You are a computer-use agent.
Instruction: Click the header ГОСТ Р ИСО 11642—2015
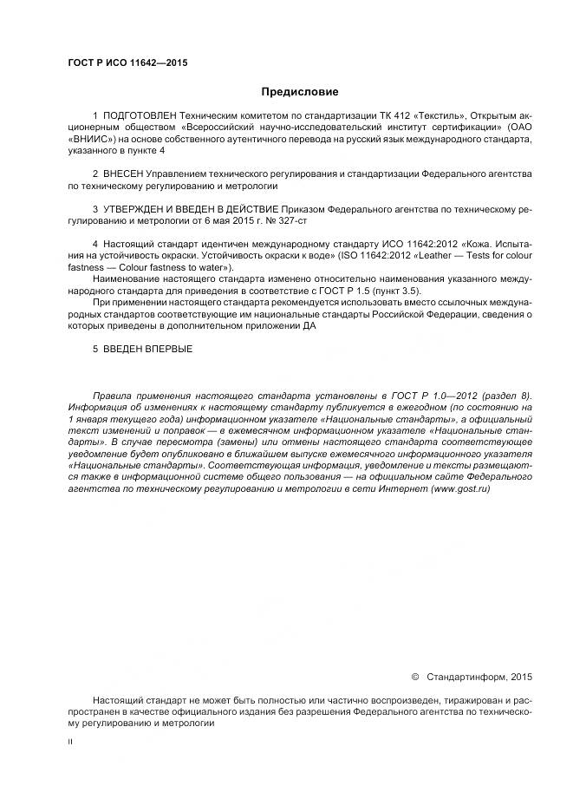tap(127, 62)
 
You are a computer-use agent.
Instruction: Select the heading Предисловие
tap(300, 91)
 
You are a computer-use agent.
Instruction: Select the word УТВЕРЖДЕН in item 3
tap(139, 210)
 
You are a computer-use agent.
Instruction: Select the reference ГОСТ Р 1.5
tap(350, 291)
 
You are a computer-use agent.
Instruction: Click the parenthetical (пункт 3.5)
tap(400, 291)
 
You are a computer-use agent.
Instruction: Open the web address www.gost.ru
tap(460, 489)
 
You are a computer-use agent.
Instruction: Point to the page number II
tap(69, 743)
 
